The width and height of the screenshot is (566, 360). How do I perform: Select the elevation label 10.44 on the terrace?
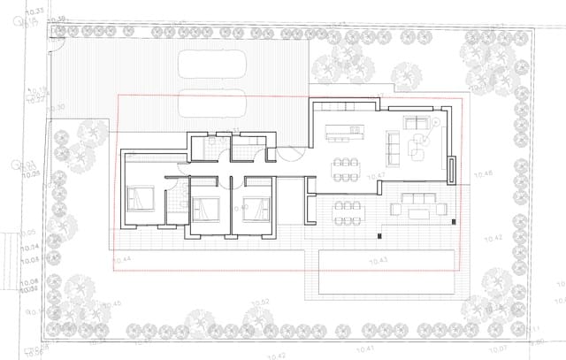(x=122, y=259)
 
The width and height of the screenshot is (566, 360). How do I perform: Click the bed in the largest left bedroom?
(x=141, y=200)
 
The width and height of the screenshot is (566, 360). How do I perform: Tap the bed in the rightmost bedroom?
(x=257, y=209)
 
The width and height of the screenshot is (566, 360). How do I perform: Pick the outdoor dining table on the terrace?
(x=346, y=211)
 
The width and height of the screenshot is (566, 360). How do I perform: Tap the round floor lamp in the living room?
(x=434, y=120)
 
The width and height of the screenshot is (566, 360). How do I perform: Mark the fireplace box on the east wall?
(x=451, y=169)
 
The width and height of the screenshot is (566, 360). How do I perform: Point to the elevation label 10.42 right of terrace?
(x=493, y=239)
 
